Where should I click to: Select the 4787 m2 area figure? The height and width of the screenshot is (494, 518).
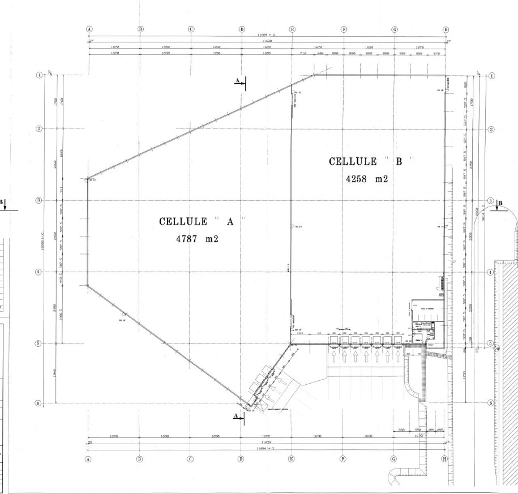pos(197,239)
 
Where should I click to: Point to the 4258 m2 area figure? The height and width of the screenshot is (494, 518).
pos(367,179)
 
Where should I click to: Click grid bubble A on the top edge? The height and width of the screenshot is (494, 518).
pos(89,29)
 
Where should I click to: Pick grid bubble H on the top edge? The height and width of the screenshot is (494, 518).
pos(446,29)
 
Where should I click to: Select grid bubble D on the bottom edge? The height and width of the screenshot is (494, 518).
pos(241,459)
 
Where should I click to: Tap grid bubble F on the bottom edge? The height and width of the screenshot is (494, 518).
pos(343,459)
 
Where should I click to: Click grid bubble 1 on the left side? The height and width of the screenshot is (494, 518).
pos(39,75)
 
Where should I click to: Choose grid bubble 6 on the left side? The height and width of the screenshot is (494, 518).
pos(39,403)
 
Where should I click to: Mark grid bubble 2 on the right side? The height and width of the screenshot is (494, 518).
pos(491,129)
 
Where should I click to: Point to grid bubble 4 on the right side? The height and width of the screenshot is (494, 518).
pos(491,272)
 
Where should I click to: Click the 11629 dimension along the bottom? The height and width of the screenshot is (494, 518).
pos(266,443)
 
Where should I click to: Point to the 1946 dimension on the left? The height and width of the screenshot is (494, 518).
pos(54,373)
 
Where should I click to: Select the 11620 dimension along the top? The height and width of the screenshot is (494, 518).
pos(267,41)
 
